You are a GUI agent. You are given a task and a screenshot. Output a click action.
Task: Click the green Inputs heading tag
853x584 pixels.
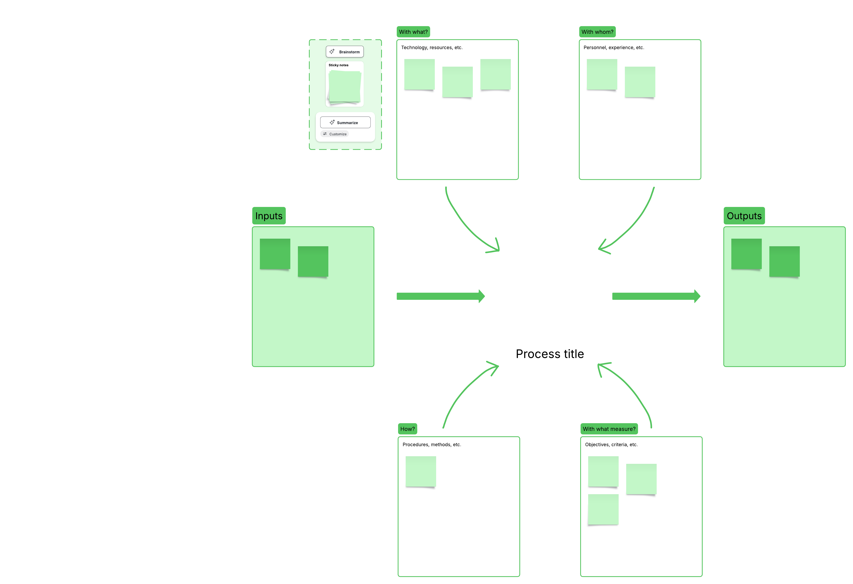click(269, 216)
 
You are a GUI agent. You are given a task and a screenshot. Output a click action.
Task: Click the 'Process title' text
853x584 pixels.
click(549, 354)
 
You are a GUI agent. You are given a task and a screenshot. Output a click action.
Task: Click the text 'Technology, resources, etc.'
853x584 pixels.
click(432, 48)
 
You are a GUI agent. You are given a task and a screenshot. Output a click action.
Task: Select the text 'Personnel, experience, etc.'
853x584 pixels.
click(614, 48)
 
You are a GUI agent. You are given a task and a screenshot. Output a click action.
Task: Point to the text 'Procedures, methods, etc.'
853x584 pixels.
click(432, 445)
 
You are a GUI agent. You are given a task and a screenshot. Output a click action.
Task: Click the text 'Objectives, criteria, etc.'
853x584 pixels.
click(611, 445)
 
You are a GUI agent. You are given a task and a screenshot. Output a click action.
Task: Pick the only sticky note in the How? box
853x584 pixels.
click(421, 471)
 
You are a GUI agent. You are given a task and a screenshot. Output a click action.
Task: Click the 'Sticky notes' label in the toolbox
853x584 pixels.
click(338, 65)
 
